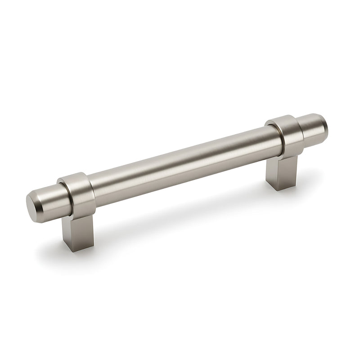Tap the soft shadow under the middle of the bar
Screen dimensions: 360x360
pyautogui.click(x=180, y=211)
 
